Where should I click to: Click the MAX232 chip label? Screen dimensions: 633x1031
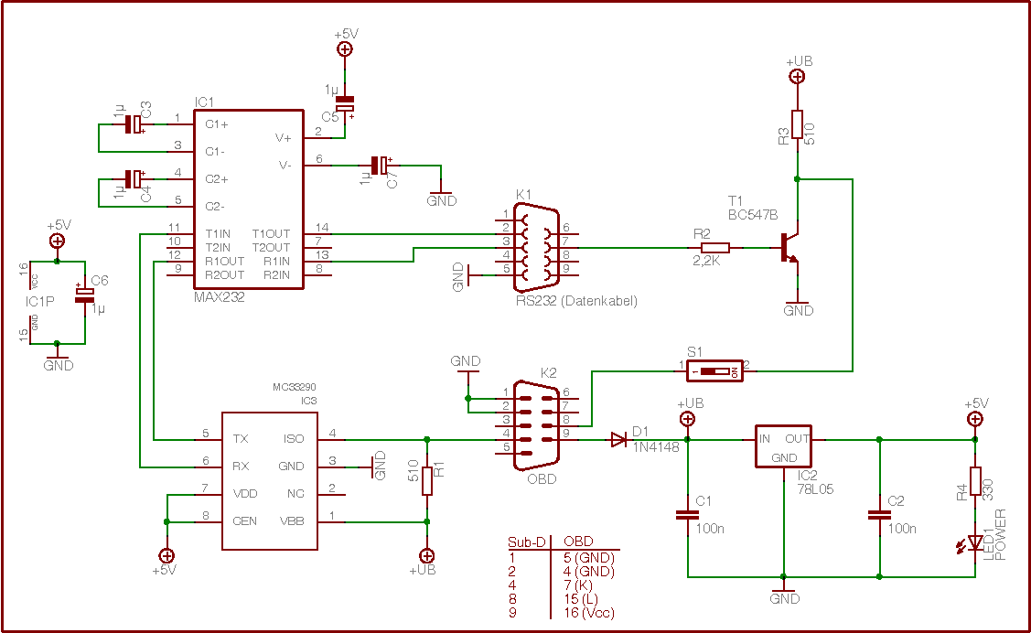tap(220, 297)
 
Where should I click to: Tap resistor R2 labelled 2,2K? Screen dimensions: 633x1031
tap(714, 248)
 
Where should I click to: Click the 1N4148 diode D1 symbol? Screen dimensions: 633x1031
tap(619, 440)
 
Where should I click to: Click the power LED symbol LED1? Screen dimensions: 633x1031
tap(975, 543)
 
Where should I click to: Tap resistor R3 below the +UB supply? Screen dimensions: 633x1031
tap(797, 124)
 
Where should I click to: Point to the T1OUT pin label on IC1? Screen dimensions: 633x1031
tap(272, 233)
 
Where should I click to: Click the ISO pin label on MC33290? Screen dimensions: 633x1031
tap(293, 439)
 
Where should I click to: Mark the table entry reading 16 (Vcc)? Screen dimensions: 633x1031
tap(589, 613)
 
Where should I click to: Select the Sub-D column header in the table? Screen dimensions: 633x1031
tap(527, 542)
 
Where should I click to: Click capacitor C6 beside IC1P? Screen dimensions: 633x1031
tap(85, 293)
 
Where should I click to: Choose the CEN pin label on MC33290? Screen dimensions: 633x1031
tap(244, 520)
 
